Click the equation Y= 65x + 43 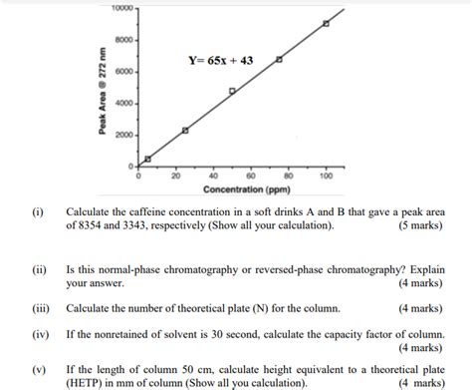(x=221, y=61)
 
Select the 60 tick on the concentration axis (x=251, y=176)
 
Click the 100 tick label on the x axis (x=326, y=176)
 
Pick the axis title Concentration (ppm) (x=247, y=189)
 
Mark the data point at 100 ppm (x=326, y=23)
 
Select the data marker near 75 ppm (x=279, y=60)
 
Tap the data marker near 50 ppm (x=232, y=92)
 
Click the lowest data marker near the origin (x=147, y=159)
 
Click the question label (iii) (x=40, y=309)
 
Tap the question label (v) (x=40, y=368)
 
